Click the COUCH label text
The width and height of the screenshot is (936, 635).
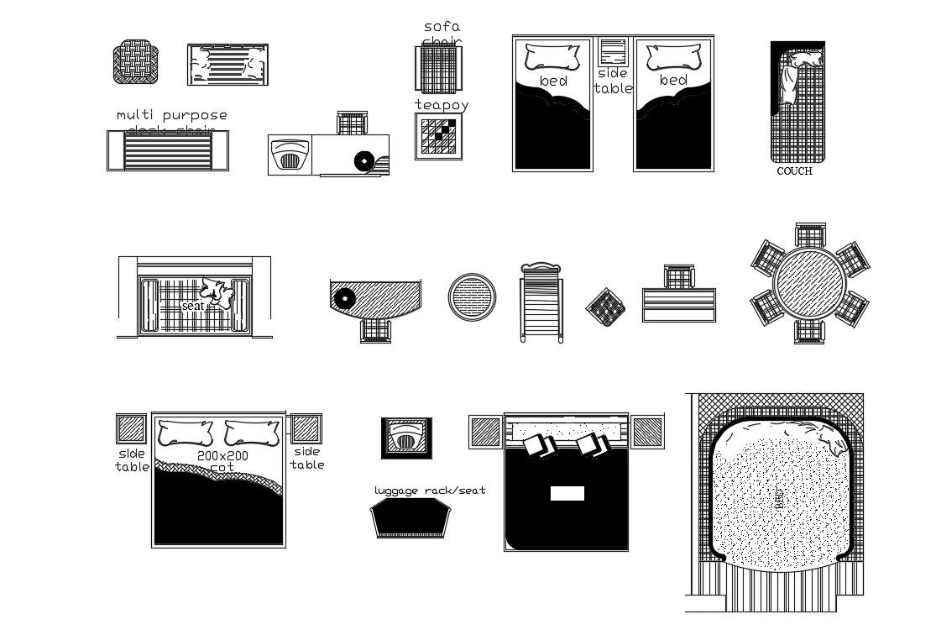(x=794, y=171)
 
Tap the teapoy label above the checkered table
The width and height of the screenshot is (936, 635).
(x=441, y=105)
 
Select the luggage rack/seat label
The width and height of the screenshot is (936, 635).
(x=430, y=491)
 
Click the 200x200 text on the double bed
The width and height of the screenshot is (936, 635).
(x=222, y=456)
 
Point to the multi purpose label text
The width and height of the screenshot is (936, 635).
(x=172, y=115)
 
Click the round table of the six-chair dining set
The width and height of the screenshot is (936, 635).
(x=810, y=283)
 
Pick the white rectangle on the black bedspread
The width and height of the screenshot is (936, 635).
(x=567, y=493)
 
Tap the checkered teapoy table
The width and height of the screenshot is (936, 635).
(x=439, y=137)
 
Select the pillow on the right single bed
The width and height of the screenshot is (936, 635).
(x=674, y=57)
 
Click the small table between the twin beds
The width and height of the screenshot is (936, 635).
(x=614, y=52)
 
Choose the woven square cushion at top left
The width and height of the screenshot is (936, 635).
(x=135, y=62)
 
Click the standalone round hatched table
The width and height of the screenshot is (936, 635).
(x=472, y=297)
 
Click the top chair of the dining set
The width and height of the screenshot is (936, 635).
(x=810, y=234)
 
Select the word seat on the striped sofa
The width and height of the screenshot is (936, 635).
(x=193, y=307)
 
